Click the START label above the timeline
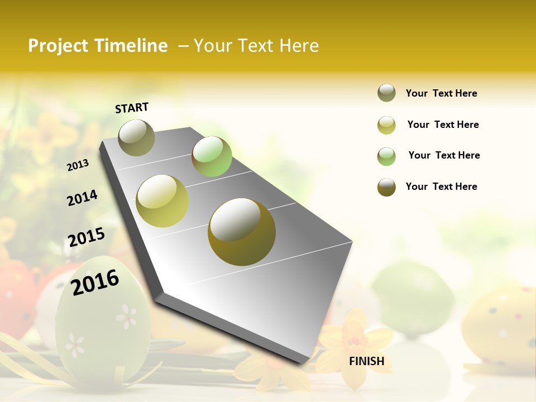point(132,108)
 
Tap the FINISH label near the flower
point(366,361)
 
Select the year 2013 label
point(78,165)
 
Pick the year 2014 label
point(82,198)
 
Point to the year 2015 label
point(87,237)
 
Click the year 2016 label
point(95,282)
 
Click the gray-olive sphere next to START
point(136,137)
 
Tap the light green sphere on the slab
point(212,156)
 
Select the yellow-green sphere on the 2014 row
point(162,201)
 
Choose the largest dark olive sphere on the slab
point(242,232)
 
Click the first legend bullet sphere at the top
point(386,93)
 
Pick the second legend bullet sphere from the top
point(386,125)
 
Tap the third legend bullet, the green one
point(386,156)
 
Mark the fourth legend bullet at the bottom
point(386,187)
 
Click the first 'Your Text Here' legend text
point(441,93)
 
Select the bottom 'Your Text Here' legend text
point(441,186)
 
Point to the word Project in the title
point(57,46)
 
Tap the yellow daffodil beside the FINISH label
point(354,341)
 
